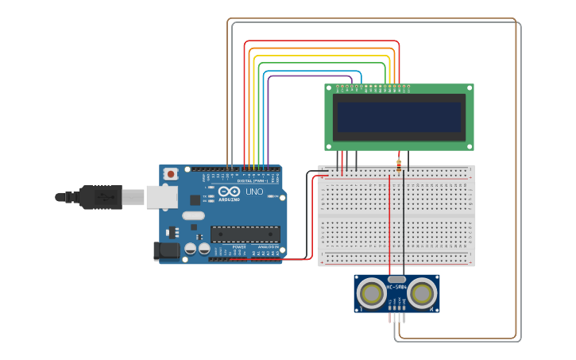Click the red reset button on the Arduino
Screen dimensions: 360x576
[x=170, y=174]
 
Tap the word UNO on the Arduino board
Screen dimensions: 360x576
[x=254, y=192]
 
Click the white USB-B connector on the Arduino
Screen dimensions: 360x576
[x=161, y=196]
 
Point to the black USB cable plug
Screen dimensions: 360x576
[x=100, y=196]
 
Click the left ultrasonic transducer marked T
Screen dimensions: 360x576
[x=371, y=293]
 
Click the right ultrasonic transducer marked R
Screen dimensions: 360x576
[x=421, y=293]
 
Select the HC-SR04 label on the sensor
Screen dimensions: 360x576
[x=396, y=287]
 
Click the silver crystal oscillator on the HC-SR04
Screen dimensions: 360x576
[x=396, y=279]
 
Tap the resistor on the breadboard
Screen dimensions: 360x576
[x=398, y=166]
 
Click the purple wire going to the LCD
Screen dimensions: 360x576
[x=269, y=119]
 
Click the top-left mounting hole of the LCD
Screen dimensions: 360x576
[x=329, y=88]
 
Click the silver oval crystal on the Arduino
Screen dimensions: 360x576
[x=192, y=215]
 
